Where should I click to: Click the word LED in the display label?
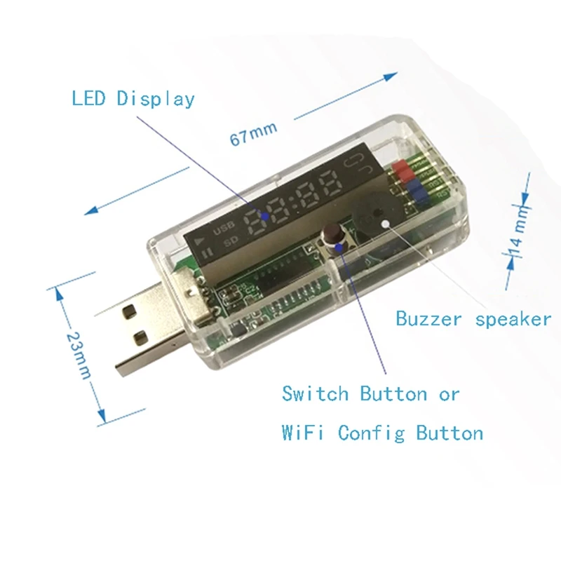coord(89,97)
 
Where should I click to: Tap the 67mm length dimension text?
coord(253,132)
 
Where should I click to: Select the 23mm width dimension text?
coord(78,354)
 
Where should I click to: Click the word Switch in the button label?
coord(315,393)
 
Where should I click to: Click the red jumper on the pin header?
coord(403,169)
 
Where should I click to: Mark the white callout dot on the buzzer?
coord(385,223)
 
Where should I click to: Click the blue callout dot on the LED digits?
coord(264,217)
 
